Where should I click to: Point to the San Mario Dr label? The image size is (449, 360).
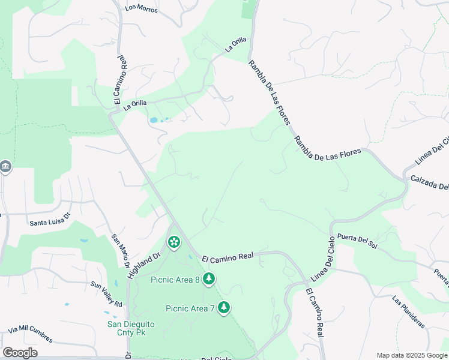click(121, 251)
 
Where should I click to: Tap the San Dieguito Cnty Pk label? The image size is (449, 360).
click(131, 328)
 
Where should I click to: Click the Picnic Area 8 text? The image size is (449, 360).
click(175, 279)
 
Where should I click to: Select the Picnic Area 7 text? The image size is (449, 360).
click(190, 308)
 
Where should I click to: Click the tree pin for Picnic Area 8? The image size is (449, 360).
click(209, 278)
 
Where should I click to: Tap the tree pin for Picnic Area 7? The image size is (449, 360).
click(224, 307)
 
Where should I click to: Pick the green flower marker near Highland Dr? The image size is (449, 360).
click(173, 242)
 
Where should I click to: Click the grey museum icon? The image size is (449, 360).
click(5, 166)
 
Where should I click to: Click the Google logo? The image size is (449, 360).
click(20, 353)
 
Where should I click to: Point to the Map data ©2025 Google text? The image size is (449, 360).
click(412, 355)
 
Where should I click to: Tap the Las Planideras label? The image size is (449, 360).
click(408, 311)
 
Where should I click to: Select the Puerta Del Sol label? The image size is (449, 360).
click(357, 240)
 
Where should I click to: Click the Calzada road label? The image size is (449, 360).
click(429, 182)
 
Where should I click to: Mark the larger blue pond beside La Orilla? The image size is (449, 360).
click(154, 120)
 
